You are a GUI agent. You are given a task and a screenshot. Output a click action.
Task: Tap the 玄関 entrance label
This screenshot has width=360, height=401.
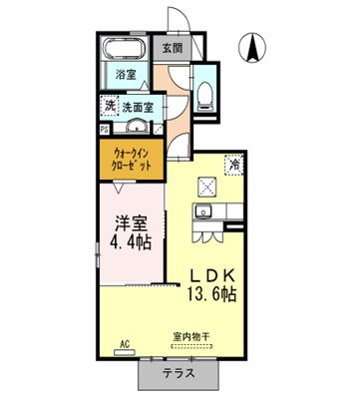pos(172,48)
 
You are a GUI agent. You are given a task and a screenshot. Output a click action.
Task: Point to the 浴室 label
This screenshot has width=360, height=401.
pos(126,75)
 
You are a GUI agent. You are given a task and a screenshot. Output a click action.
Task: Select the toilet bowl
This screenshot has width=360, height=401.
pos(205,93)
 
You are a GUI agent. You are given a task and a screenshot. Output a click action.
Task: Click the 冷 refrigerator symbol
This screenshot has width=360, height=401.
pos(235,167)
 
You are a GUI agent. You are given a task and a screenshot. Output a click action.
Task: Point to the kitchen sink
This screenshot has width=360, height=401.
pos(203,211)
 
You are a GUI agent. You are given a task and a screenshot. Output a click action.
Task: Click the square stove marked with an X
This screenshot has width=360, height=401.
pos(209,186)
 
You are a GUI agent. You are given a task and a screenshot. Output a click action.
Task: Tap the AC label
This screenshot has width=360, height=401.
pos(126,342)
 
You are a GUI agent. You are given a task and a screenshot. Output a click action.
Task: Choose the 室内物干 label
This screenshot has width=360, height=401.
pos(189,337)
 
